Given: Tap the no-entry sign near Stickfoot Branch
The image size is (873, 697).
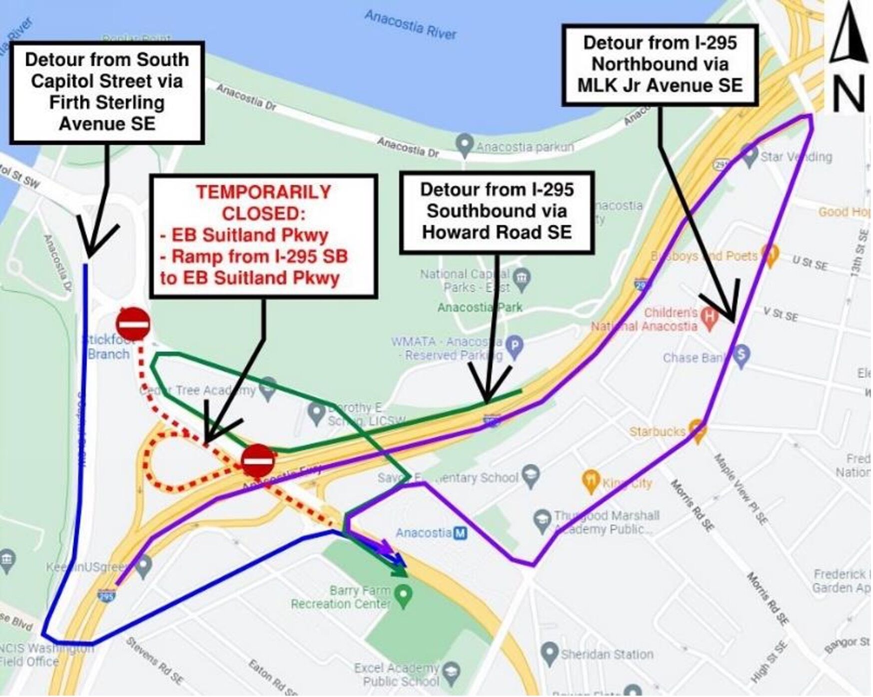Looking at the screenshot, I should click(133, 324).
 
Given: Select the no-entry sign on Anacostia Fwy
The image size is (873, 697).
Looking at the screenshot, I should click(258, 460).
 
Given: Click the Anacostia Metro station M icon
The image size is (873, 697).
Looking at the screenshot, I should click(460, 533).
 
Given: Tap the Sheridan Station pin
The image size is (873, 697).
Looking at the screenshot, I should click(550, 653).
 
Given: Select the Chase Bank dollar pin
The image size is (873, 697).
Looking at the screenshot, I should click(742, 355).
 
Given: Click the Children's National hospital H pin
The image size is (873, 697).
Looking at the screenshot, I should click(709, 317).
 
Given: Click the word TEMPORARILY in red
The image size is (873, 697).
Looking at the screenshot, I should click(263, 192).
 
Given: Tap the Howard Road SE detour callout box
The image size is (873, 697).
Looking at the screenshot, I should click(497, 212).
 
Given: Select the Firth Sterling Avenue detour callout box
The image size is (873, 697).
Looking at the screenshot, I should click(107, 92).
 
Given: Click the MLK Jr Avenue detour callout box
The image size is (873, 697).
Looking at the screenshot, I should click(660, 64).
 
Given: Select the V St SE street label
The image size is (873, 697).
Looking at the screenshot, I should click(780, 315).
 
